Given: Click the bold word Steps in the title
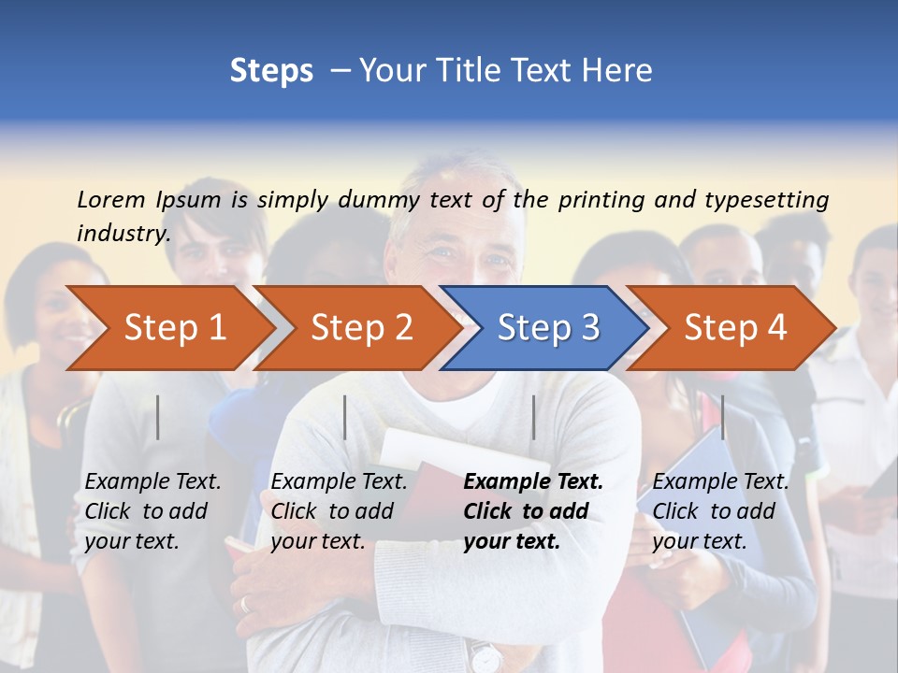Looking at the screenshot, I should (271, 71).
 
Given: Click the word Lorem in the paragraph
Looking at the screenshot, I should (111, 199).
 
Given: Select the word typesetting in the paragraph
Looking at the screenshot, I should (766, 200).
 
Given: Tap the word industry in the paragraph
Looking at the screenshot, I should (123, 233).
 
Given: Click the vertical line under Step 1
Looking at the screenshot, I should (158, 417).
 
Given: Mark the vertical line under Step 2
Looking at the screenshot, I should (345, 417).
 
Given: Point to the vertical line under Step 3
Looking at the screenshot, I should (533, 417).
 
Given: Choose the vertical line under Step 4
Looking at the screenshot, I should (722, 417).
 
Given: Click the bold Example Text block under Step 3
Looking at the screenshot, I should (532, 511).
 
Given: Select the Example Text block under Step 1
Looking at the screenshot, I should (152, 511).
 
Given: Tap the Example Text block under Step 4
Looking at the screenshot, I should (720, 511).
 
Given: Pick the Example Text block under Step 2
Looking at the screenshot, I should (339, 511).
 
